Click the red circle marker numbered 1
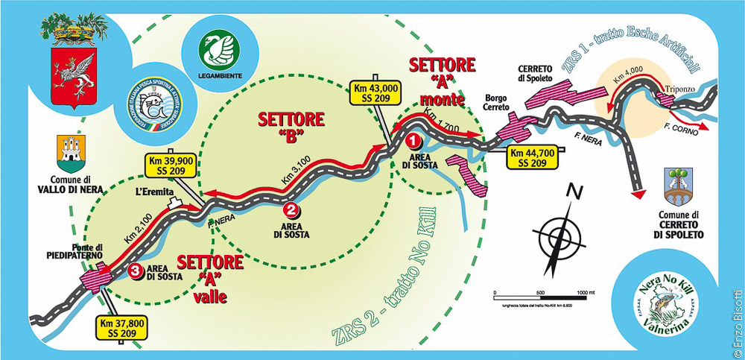[415, 139]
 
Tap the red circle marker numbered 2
[291, 210]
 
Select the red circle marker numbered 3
[135, 271]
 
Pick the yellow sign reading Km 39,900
[171, 165]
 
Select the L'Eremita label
[152, 192]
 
